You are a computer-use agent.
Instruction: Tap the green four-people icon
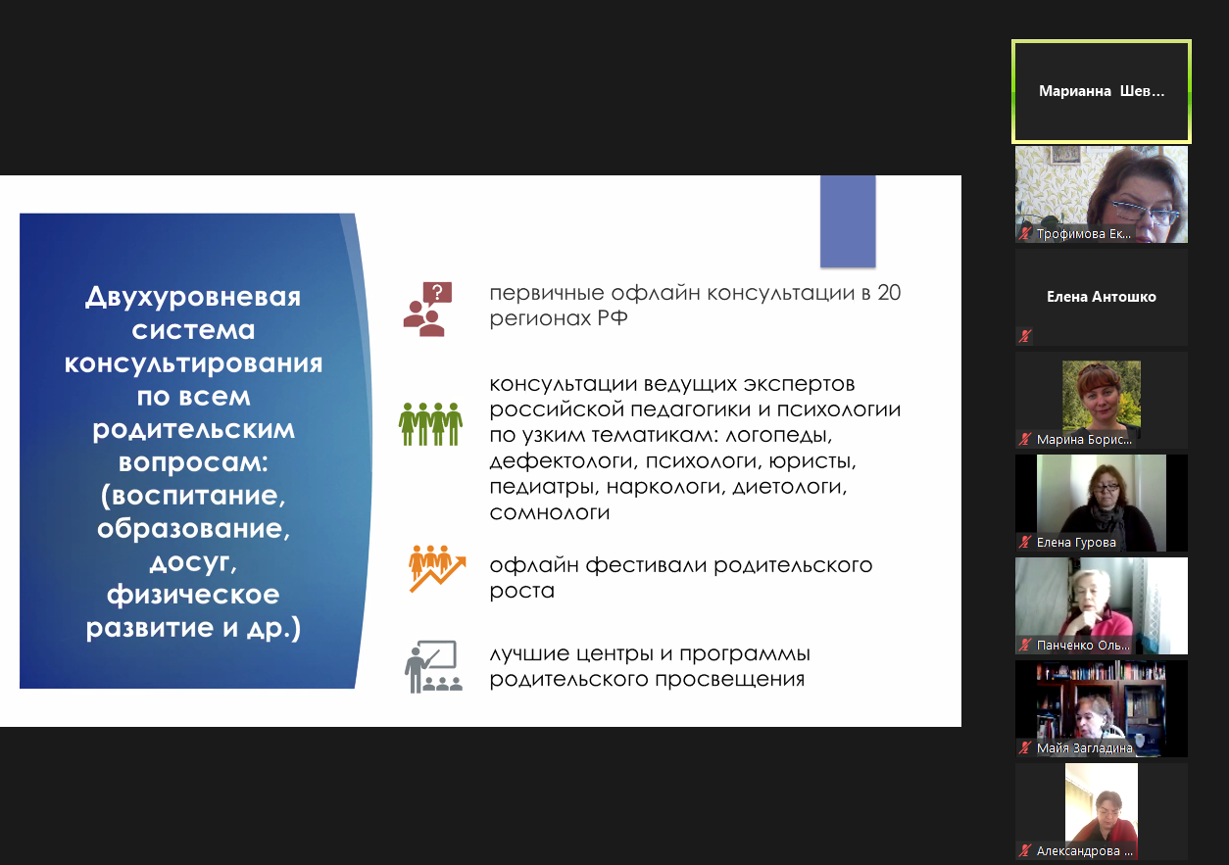click(x=430, y=424)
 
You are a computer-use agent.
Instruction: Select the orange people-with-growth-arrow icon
click(x=437, y=569)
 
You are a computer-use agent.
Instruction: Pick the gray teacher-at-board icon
click(x=433, y=666)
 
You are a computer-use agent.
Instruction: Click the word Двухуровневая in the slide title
click(x=193, y=297)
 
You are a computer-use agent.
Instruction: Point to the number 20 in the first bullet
click(x=889, y=293)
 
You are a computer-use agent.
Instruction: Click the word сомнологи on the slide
click(x=549, y=513)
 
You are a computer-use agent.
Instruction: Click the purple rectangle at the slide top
click(x=848, y=221)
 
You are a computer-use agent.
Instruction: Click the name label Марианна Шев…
click(x=1102, y=91)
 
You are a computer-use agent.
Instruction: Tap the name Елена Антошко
click(x=1102, y=297)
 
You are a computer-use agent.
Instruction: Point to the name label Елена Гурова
click(x=1076, y=543)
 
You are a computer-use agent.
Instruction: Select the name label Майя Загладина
click(x=1084, y=748)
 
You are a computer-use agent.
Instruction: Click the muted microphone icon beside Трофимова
click(x=1025, y=234)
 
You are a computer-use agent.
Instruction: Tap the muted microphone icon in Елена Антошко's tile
click(x=1025, y=336)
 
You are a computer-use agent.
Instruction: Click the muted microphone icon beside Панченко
click(x=1025, y=645)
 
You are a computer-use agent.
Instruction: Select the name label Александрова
click(x=1084, y=851)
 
